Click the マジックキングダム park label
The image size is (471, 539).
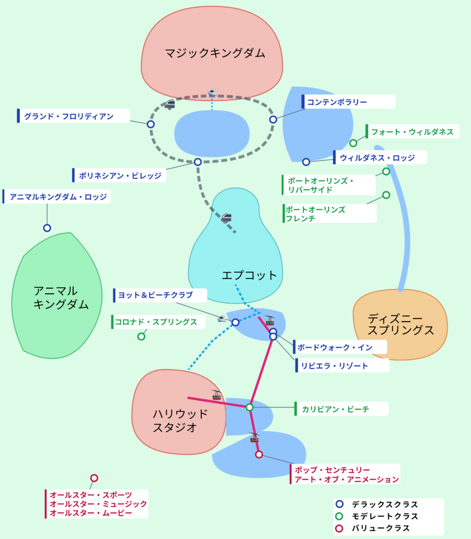coord(214,53)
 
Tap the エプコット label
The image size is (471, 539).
coord(249,275)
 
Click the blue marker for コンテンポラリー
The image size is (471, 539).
coord(273,119)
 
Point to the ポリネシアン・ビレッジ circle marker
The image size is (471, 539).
coord(198,162)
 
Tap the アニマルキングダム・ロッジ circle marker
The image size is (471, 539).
coord(47,228)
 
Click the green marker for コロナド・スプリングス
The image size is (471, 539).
coord(141,336)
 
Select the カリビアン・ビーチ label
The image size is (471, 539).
coord(335,409)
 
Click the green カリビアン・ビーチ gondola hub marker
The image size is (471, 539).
coord(250,407)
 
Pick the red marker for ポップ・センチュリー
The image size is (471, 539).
coord(259,454)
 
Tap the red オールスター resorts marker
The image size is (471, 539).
coord(94,478)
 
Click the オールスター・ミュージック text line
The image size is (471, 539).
coord(98,504)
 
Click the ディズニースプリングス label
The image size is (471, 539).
coord(401,324)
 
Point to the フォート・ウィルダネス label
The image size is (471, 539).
coord(412,132)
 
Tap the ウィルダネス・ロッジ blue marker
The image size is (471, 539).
coord(306,162)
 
